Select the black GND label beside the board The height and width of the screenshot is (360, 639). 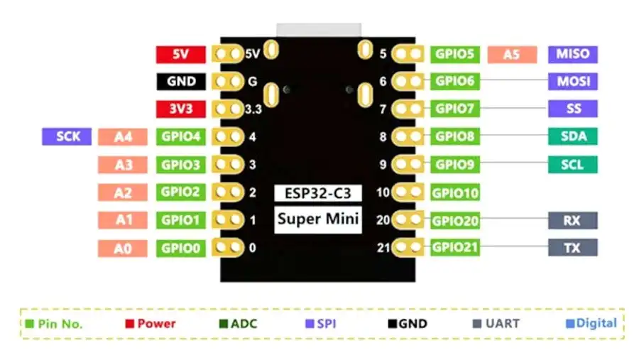[181, 82]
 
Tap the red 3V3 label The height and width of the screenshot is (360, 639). [181, 109]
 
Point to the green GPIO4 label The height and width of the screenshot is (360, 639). [181, 136]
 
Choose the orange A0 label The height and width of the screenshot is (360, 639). [124, 248]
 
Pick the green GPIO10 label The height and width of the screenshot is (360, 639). [455, 192]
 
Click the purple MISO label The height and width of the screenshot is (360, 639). [572, 54]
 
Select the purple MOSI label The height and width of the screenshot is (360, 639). [572, 81]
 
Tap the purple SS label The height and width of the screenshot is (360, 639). [572, 109]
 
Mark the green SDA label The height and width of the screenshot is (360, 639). [572, 136]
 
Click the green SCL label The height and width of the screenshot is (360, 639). [572, 165]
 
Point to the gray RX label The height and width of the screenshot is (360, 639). [572, 220]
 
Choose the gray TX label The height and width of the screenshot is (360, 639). [572, 248]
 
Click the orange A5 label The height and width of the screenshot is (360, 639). [512, 54]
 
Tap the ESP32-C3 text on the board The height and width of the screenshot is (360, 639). [318, 193]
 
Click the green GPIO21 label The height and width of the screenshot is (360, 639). [455, 248]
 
